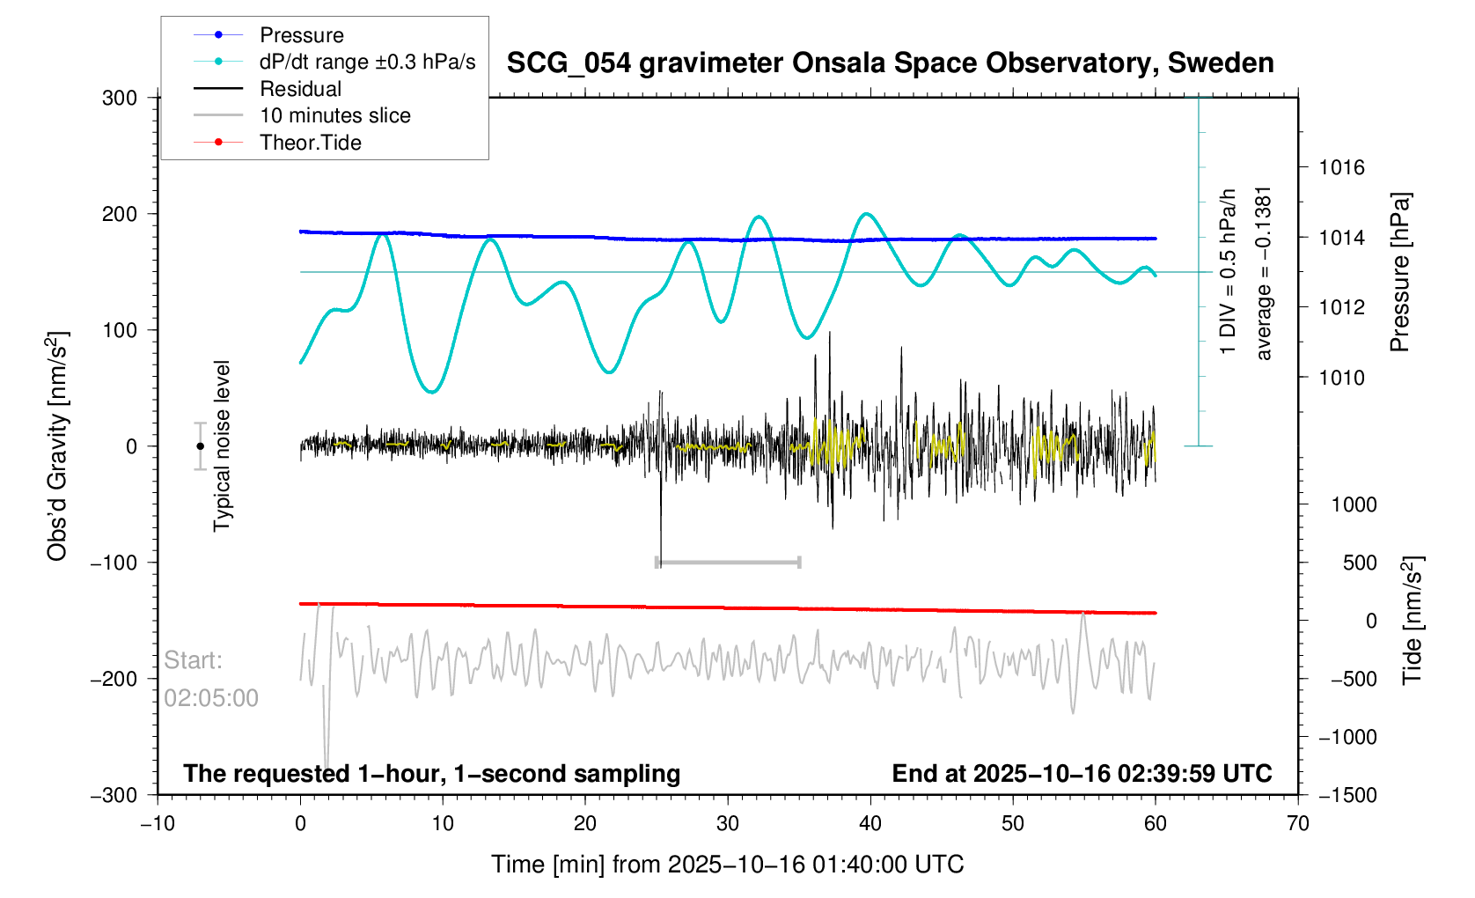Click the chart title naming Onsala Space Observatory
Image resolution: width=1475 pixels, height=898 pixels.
890,63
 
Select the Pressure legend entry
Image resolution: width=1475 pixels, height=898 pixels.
301,35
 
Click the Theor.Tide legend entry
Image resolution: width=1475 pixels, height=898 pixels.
310,143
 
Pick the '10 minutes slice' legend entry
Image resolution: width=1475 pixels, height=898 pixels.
334,115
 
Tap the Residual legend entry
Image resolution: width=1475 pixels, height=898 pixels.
300,89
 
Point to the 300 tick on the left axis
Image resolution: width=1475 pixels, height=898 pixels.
120,98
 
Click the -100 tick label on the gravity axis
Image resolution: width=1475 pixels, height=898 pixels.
114,563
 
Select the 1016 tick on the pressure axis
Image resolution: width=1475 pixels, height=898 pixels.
1341,167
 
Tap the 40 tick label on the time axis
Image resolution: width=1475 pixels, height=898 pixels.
870,824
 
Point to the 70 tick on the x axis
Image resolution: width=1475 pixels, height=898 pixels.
1297,824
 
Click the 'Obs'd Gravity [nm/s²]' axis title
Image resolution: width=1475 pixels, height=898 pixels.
57,446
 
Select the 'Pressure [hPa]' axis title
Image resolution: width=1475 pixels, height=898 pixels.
1399,272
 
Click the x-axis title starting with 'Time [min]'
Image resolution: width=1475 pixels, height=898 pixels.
727,865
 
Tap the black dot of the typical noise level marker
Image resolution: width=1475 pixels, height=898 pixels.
200,446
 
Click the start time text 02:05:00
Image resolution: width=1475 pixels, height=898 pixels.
211,698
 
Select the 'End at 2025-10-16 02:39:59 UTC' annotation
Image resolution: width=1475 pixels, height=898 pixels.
1082,774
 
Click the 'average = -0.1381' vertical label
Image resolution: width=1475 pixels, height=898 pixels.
1264,273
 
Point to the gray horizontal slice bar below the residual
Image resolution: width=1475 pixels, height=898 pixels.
728,562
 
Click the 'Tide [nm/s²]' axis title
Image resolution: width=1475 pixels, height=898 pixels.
1413,621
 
